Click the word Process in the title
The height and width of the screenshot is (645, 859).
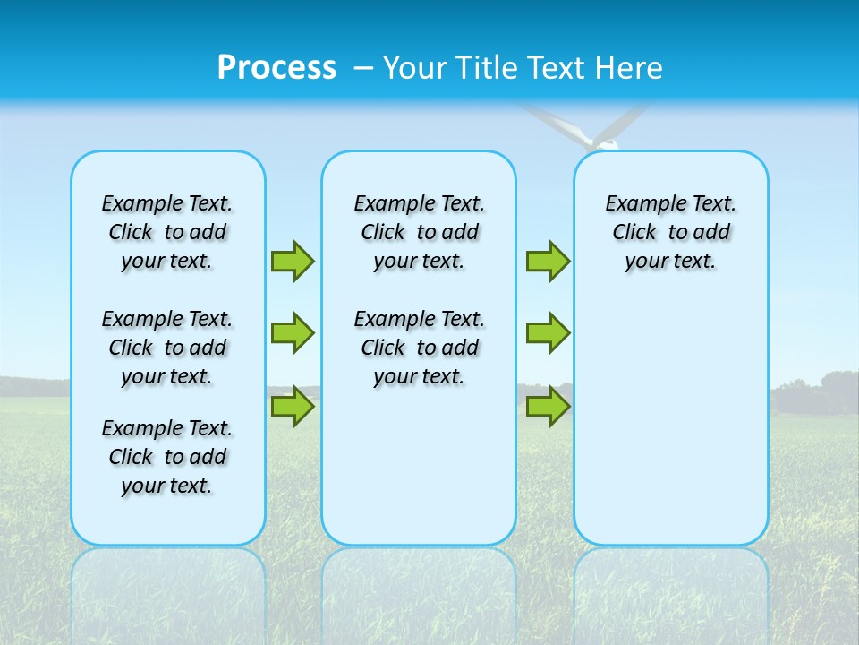point(276,68)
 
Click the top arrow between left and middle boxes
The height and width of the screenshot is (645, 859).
point(293,261)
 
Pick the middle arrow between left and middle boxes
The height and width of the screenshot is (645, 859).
point(293,333)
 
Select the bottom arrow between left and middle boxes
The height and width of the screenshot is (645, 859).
point(293,407)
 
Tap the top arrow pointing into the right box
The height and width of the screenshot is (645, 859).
point(548,261)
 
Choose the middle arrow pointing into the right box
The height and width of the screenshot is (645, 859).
point(548,333)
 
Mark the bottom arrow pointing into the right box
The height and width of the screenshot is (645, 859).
point(548,407)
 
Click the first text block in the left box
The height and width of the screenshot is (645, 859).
point(167,232)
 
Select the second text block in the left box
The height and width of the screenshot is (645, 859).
point(167,348)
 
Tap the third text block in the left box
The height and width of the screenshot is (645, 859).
point(167,457)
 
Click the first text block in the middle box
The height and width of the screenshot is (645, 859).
point(419,232)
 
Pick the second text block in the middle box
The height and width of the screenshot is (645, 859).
point(419,348)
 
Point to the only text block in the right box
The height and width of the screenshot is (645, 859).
point(670,232)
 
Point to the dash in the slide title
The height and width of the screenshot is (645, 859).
point(363,69)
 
